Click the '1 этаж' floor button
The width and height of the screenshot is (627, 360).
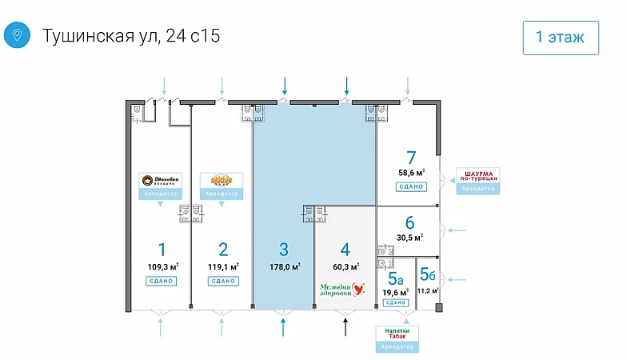[561, 36]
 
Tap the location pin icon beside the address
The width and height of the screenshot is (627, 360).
[17, 36]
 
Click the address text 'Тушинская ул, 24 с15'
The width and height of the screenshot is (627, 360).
[130, 36]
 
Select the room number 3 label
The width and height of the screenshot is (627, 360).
[284, 248]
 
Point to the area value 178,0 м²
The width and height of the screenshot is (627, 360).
[284, 267]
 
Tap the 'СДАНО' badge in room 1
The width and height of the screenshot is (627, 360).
[161, 281]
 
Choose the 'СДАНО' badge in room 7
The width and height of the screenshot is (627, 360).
[410, 186]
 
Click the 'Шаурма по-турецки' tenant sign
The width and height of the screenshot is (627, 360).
[477, 176]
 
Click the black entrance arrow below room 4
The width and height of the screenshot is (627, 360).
[345, 326]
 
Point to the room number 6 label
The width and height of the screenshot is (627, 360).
[409, 222]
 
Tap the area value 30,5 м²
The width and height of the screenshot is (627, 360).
[410, 237]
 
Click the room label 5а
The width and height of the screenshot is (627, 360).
[395, 278]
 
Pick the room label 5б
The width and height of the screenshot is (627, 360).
[428, 274]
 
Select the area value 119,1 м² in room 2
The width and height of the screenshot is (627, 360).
[223, 267]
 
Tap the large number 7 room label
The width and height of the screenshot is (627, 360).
[410, 158]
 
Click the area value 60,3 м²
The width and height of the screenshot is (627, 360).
[345, 267]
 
